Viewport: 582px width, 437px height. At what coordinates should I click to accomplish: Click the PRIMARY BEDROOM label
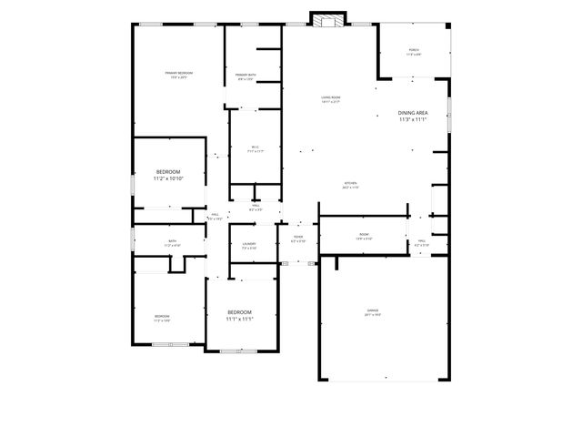[x=179, y=73]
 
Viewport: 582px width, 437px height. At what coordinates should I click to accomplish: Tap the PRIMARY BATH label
[x=245, y=75]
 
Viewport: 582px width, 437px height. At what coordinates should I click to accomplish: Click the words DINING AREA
[x=413, y=112]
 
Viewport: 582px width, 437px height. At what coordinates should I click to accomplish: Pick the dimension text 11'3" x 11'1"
[x=413, y=119]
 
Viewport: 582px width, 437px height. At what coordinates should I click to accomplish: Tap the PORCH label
[x=413, y=51]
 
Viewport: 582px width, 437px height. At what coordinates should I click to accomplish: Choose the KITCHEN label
[x=350, y=183]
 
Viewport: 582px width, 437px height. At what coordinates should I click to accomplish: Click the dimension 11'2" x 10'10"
[x=168, y=179]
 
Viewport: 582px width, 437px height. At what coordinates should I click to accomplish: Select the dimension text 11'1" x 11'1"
[x=239, y=320]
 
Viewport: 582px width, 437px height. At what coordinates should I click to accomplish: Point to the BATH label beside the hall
[x=172, y=241]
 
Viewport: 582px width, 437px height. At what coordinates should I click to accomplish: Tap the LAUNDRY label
[x=249, y=243]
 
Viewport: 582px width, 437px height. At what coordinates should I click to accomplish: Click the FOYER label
[x=298, y=237]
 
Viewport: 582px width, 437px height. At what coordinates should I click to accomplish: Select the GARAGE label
[x=373, y=310]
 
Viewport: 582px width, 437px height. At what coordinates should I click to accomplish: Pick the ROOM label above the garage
[x=364, y=234]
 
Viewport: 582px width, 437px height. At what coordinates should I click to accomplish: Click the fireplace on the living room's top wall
[x=328, y=18]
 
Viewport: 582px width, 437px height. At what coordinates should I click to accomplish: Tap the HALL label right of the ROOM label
[x=422, y=241]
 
